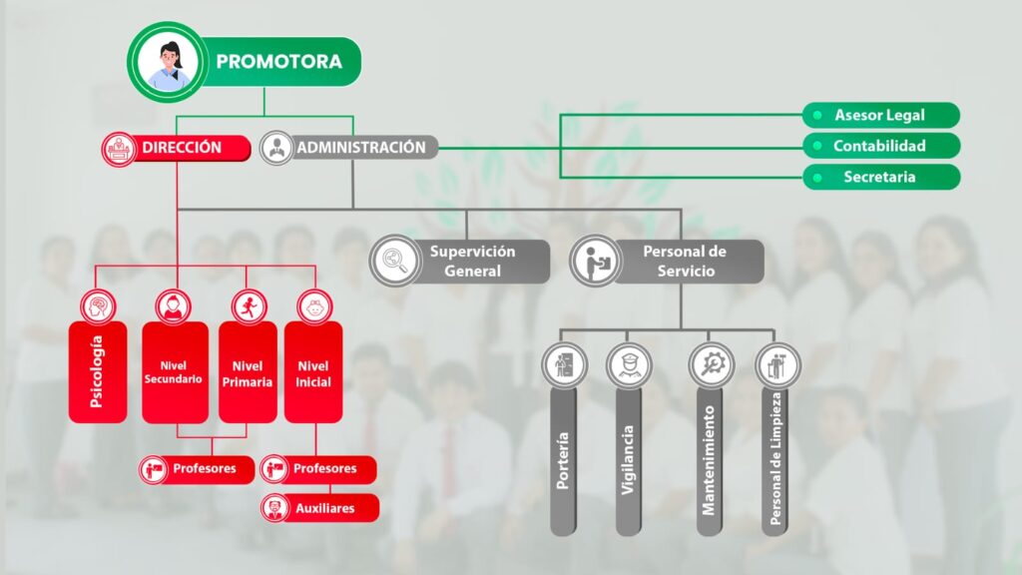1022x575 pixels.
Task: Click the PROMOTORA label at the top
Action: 279,61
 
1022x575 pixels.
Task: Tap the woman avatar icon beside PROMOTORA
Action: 168,63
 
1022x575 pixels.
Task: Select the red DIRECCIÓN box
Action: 176,148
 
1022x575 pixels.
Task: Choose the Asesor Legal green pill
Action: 880,116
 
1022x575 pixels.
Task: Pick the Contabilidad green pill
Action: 880,146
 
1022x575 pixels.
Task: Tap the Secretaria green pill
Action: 880,177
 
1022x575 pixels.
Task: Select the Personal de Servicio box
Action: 667,262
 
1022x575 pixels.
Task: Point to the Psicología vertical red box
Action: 98,371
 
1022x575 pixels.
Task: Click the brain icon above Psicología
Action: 99,306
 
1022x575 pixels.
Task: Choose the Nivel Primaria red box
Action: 248,371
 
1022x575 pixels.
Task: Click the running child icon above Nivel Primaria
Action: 250,306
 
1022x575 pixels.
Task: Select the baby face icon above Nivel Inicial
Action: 314,306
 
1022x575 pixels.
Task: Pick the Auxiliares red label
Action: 319,508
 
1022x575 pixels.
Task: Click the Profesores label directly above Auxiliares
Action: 318,469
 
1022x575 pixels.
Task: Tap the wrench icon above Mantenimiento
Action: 711,365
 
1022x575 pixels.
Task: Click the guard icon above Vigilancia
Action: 629,365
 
